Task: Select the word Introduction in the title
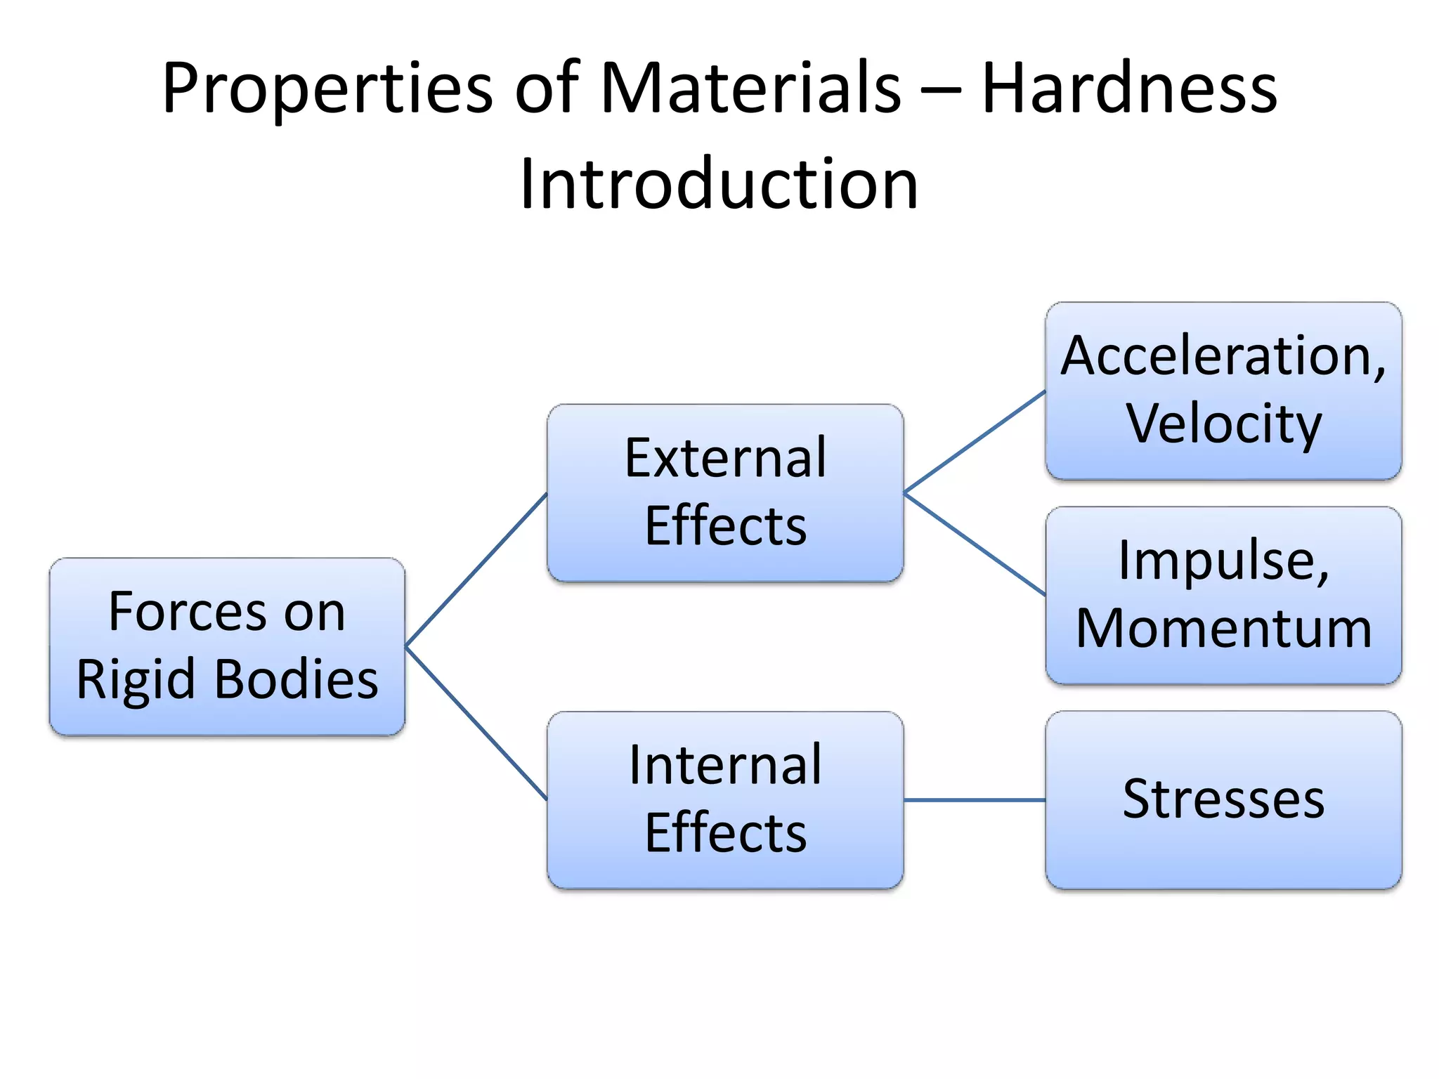(x=719, y=184)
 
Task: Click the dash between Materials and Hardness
(x=940, y=93)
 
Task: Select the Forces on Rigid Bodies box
(x=227, y=646)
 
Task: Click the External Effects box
(x=725, y=492)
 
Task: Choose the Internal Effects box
(x=725, y=800)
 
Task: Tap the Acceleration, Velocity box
(x=1223, y=391)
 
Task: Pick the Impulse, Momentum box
(x=1223, y=595)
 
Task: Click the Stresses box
(x=1223, y=800)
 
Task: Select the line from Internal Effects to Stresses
(x=975, y=800)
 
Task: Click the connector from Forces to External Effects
(x=476, y=569)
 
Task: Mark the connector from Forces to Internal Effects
(x=476, y=723)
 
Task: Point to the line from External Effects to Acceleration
(x=975, y=441)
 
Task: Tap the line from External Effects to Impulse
(x=975, y=544)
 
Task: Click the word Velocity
(x=1224, y=424)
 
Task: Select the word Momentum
(x=1223, y=629)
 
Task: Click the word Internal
(x=725, y=766)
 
